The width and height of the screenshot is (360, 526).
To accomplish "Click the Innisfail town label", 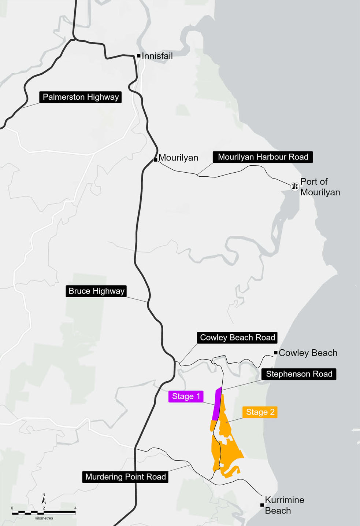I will (x=157, y=56).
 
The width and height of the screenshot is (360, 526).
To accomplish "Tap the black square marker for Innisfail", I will (x=139, y=56).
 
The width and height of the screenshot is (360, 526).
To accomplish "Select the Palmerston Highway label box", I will (x=81, y=97).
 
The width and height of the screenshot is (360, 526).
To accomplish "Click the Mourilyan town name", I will (x=178, y=158).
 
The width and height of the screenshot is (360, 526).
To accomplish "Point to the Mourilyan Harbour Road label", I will (x=263, y=157).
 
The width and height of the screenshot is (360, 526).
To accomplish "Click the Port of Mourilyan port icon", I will (x=295, y=187).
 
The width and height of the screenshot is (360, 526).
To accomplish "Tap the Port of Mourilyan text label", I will (x=320, y=187).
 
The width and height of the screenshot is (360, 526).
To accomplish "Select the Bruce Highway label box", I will (x=96, y=291).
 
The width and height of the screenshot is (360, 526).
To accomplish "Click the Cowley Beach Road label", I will (x=237, y=338).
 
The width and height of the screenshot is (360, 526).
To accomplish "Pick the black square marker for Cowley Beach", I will (x=276, y=353).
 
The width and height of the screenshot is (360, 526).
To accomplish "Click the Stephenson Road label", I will (x=299, y=374).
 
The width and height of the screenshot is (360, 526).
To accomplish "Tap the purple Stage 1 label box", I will (x=186, y=396).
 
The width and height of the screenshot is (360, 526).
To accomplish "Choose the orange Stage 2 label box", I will (x=260, y=412).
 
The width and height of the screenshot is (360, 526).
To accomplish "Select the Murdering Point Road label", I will (x=125, y=477).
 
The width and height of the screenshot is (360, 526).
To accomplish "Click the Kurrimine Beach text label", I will (x=284, y=505).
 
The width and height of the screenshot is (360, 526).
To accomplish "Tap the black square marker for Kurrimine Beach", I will (x=262, y=505).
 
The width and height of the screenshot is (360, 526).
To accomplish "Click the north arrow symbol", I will (x=44, y=499).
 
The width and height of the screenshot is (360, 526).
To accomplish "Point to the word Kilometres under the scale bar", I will (x=44, y=518).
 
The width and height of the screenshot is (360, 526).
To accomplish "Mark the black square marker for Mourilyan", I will (x=156, y=160).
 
